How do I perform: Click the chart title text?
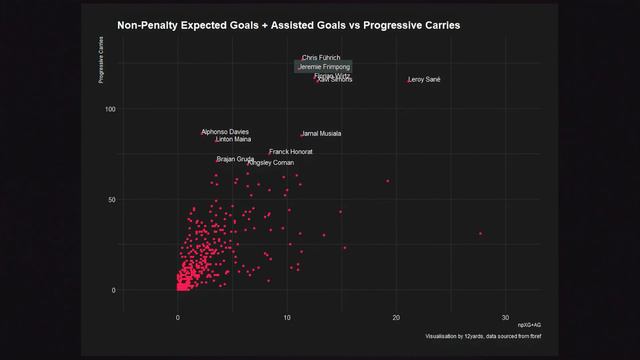(289, 25)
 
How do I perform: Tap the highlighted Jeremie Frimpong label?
(324, 67)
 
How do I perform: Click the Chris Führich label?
(322, 58)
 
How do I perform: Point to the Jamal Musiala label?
(322, 133)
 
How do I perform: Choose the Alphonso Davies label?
(226, 132)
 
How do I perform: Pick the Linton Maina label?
(234, 140)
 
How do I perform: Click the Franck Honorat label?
(291, 152)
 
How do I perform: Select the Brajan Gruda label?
(236, 159)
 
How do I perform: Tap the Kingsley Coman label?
(271, 162)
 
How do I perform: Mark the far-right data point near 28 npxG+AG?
(480, 233)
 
